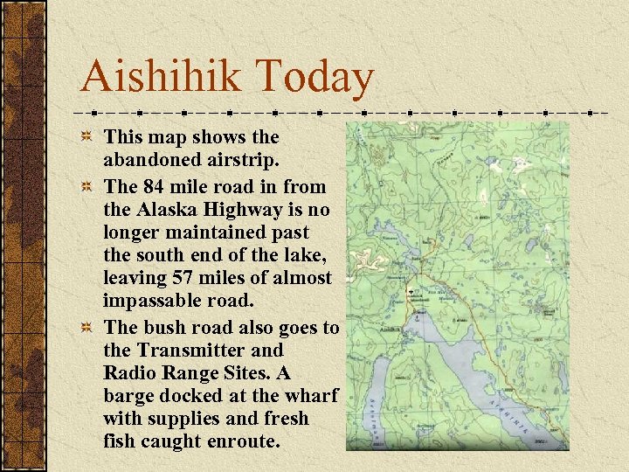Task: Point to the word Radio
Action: pos(130,373)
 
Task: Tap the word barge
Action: pos(130,396)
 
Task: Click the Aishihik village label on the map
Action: pos(391,319)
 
